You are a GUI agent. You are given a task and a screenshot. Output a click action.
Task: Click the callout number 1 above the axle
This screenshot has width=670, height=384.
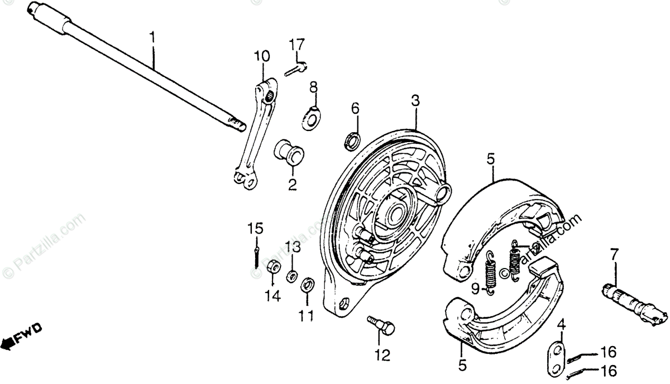pyautogui.click(x=152, y=39)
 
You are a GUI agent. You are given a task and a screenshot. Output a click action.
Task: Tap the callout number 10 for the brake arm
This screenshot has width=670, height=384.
pyautogui.click(x=261, y=56)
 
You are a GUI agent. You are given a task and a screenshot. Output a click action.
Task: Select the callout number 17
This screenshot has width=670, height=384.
pyautogui.click(x=297, y=43)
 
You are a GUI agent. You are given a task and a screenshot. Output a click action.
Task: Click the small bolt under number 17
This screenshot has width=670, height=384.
pyautogui.click(x=295, y=70)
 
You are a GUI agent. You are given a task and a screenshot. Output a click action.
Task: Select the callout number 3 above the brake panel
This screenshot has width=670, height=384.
pyautogui.click(x=415, y=101)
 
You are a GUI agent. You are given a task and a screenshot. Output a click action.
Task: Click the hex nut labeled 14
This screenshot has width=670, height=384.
pyautogui.click(x=274, y=268)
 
